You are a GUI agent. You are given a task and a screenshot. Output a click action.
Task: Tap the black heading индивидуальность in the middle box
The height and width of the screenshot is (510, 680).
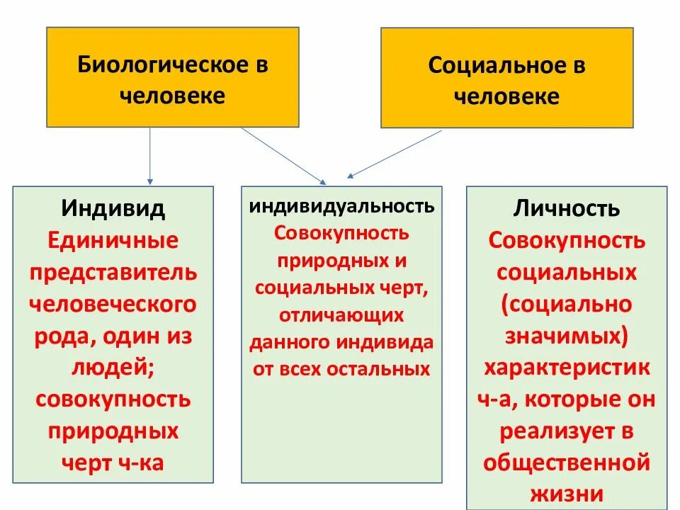pyautogui.click(x=341, y=206)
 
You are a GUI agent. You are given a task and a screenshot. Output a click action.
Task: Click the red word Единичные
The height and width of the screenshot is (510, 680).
pyautogui.click(x=113, y=240)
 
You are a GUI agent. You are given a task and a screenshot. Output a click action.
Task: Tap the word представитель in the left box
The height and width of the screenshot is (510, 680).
pyautogui.click(x=113, y=273)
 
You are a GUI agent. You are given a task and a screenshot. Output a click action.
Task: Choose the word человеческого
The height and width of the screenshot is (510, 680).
pyautogui.click(x=113, y=305)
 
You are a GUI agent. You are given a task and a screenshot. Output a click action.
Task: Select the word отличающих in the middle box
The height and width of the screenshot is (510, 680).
pyautogui.click(x=341, y=314)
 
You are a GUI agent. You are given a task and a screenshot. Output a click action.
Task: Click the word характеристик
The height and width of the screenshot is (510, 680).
pyautogui.click(x=567, y=368)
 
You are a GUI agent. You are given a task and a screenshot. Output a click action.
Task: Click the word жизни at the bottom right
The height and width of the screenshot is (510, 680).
pyautogui.click(x=567, y=493)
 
